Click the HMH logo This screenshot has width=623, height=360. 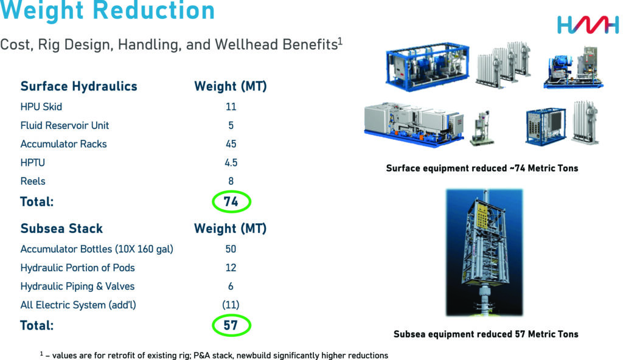tap(587, 25)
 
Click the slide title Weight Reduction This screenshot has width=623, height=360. tap(108, 10)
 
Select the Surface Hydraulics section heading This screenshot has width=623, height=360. tap(79, 86)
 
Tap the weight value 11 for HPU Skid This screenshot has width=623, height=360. tap(231, 107)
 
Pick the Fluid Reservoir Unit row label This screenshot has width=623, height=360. tap(64, 125)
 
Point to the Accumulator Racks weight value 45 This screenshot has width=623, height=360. tap(231, 144)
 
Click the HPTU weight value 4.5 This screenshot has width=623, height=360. tap(231, 162)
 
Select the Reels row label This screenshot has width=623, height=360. tap(33, 181)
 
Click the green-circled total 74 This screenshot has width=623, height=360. tap(231, 202)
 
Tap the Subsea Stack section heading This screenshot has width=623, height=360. tap(61, 229)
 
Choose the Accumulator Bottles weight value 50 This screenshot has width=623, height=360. tap(231, 249)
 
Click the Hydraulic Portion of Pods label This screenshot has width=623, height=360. tap(77, 268)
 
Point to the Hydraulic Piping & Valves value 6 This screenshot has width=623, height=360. tap(231, 286)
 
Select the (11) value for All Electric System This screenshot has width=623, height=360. tap(231, 305)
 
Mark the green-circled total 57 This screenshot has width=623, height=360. tap(231, 325)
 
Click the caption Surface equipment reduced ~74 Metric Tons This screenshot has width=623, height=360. tap(482, 168)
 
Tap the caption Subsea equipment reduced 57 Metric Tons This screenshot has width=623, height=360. tap(486, 334)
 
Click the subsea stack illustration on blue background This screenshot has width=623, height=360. tap(484, 256)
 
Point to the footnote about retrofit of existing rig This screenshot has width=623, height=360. tap(214, 355)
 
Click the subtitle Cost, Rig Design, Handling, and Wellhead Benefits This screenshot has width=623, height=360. tap(171, 44)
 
